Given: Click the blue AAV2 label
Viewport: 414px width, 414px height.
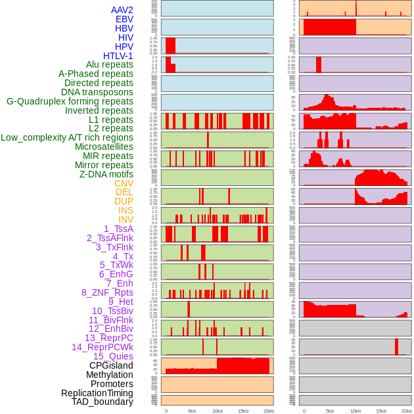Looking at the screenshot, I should click(122, 10).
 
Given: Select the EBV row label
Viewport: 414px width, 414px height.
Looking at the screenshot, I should click(124, 19).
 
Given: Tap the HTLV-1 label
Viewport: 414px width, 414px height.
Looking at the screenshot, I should click(118, 56).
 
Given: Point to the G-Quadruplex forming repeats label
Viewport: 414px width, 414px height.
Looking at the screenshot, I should click(70, 101).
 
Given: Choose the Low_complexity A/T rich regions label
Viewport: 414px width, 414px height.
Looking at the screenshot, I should click(67, 137).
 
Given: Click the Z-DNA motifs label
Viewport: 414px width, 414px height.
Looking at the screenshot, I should click(106, 174).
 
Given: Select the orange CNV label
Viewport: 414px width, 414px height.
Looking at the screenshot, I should click(124, 183).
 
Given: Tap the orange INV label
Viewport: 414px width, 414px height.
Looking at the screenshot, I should click(126, 219).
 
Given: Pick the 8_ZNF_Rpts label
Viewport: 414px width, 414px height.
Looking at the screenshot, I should click(107, 292).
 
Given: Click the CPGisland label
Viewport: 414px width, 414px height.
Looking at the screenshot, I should click(111, 365).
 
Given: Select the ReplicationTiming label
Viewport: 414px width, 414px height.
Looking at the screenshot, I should click(97, 393).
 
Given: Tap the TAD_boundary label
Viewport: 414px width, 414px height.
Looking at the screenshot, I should click(103, 402).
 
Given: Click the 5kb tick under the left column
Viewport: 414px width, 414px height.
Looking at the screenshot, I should click(192, 411).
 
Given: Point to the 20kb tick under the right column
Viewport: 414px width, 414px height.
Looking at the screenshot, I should click(407, 411).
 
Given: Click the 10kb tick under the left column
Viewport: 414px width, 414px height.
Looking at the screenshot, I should click(218, 411).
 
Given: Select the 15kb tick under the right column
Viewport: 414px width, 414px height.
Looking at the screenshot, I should click(380, 411).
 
